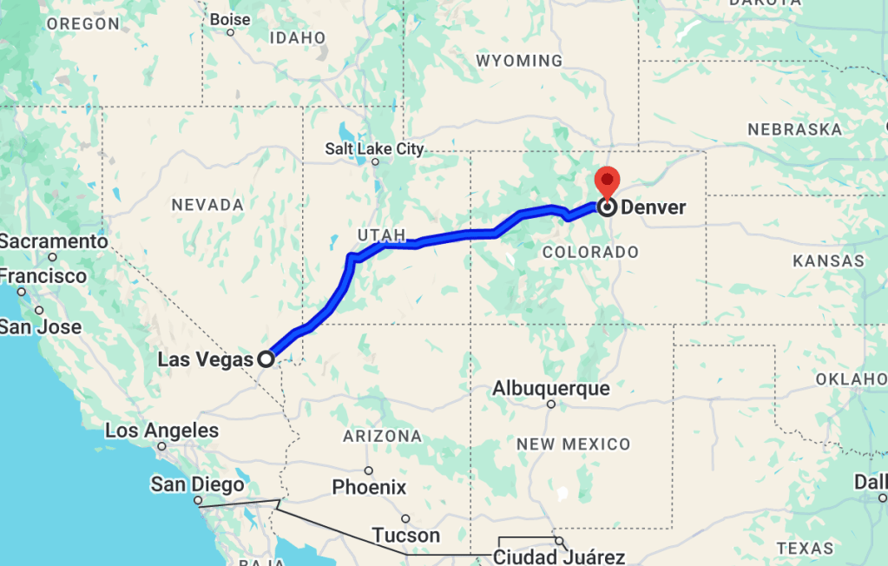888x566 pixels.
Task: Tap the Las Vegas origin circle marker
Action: point(266,358)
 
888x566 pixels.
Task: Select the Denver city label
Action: point(653,207)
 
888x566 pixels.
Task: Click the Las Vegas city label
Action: point(205,359)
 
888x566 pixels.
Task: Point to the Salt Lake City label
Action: point(374,148)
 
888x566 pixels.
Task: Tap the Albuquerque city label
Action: point(551,388)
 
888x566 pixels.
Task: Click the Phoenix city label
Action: point(369,487)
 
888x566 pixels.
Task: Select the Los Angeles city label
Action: point(161,431)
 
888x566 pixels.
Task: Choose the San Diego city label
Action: point(192,484)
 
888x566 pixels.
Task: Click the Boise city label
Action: point(230,19)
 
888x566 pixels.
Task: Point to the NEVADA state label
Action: point(207,205)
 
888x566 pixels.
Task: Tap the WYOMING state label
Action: point(519,61)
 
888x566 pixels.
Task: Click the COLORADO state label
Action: point(589,252)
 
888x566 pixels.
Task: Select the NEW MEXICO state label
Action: point(573,444)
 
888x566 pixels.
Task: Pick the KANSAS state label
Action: point(828,260)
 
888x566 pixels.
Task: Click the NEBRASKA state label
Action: point(794,129)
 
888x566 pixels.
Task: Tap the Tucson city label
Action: point(405,535)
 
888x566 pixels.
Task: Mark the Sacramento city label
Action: point(54,241)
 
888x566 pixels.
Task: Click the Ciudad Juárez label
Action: point(559,556)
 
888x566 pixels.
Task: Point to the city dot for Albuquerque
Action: point(551,404)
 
